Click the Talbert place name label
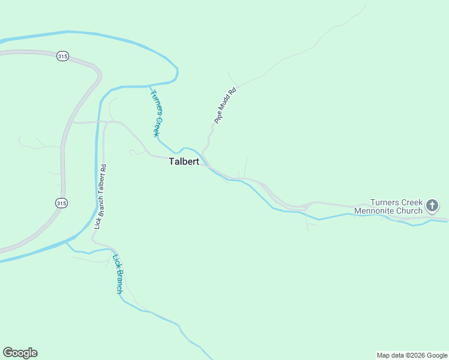pyautogui.click(x=184, y=161)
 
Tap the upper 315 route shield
pyautogui.click(x=62, y=56)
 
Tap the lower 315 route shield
pyautogui.click(x=61, y=203)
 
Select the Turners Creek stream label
pyautogui.click(x=157, y=113)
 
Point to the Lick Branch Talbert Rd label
pyautogui.click(x=100, y=197)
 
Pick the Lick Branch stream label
pyautogui.click(x=118, y=274)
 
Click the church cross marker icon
pyautogui.click(x=432, y=207)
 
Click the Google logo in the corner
pyautogui.click(x=20, y=353)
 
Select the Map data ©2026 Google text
pyautogui.click(x=412, y=355)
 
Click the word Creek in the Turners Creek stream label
pyautogui.click(x=158, y=126)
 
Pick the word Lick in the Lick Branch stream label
pyautogui.click(x=115, y=261)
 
